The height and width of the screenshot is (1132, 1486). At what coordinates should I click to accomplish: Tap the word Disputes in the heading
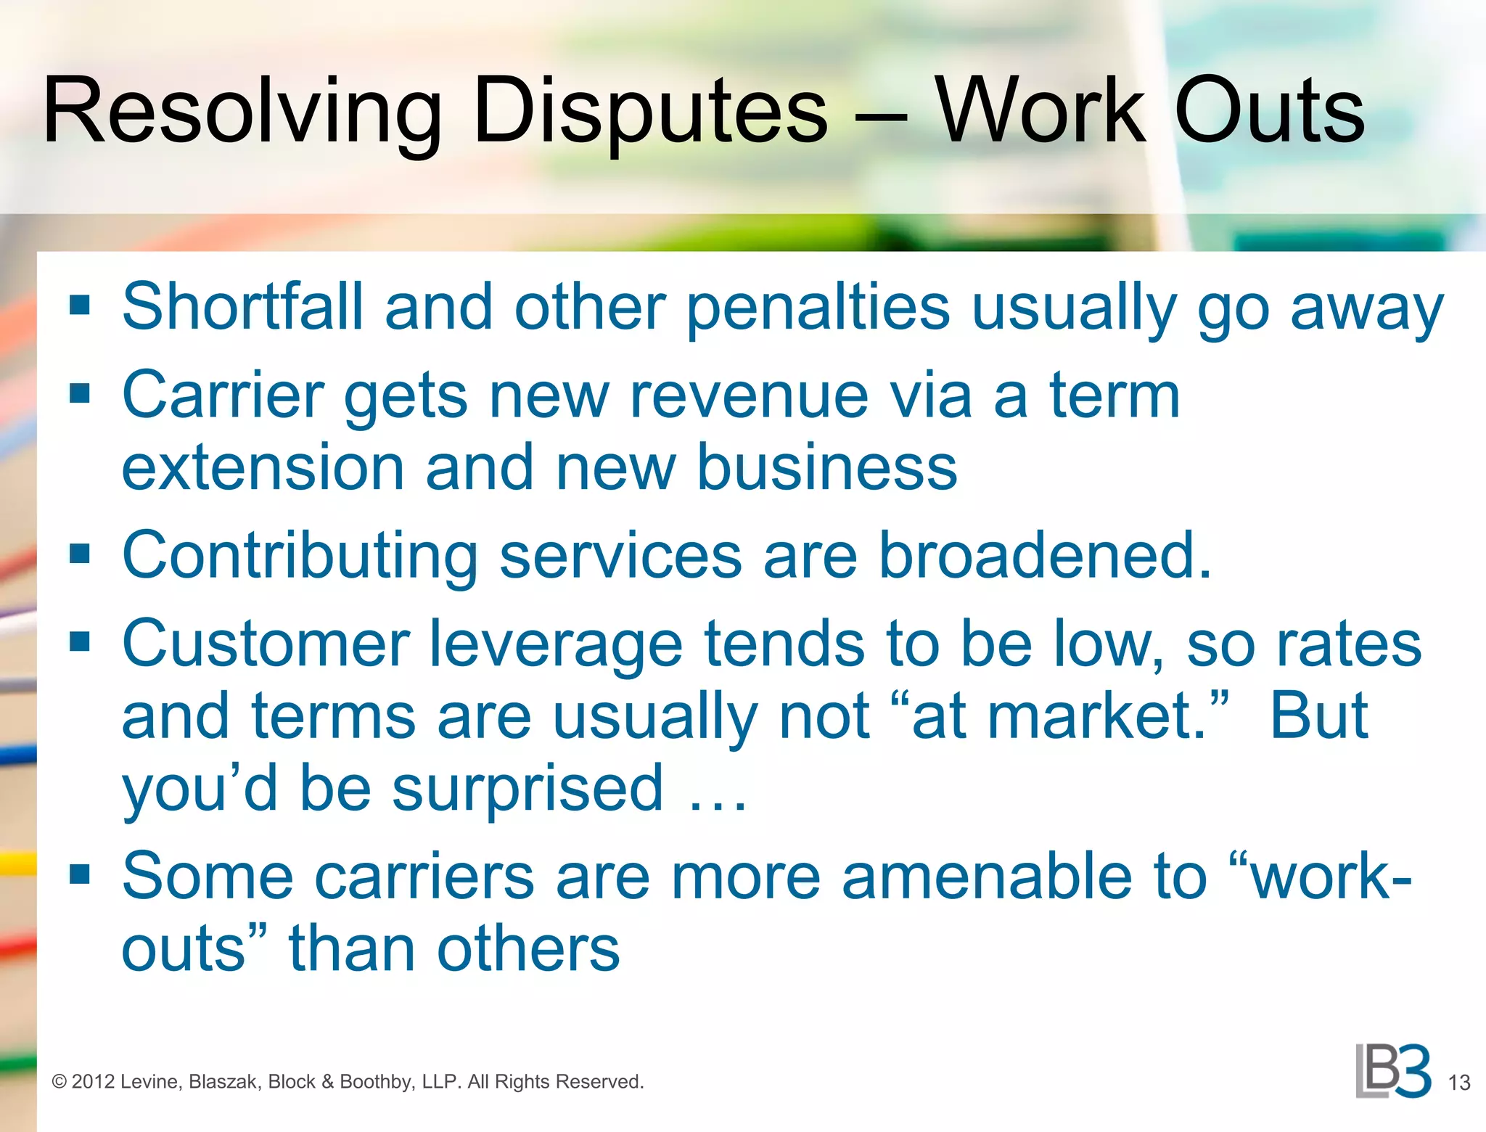coord(650,112)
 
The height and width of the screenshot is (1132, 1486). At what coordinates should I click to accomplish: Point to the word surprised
coord(528,789)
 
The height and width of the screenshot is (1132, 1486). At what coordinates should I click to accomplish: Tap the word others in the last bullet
coord(528,949)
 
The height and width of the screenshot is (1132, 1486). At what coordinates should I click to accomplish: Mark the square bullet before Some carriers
coord(80,875)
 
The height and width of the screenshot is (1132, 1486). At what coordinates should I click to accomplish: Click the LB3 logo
coord(1392,1071)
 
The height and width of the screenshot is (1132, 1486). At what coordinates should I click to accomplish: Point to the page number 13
coord(1458,1083)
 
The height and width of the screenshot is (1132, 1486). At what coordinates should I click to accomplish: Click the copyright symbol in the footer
coord(59,1082)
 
